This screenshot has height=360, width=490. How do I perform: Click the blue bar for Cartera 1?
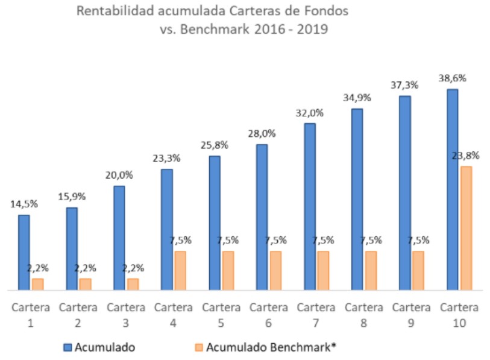pyautogui.click(x=24, y=253)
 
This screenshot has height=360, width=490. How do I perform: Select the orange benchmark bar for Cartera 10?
pyautogui.click(x=466, y=229)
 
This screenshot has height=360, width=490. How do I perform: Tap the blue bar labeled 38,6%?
pyautogui.click(x=452, y=190)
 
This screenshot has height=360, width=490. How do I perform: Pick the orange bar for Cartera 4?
pyautogui.click(x=180, y=271)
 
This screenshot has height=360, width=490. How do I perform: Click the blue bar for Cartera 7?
pyautogui.click(x=310, y=207)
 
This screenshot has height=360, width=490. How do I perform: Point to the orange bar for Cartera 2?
pyautogui.click(x=85, y=285)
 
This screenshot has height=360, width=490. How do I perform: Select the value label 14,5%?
pyautogui.click(x=24, y=204)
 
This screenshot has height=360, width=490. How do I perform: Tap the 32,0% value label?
pyautogui.click(x=310, y=112)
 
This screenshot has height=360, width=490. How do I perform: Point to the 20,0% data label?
pyautogui.click(x=119, y=175)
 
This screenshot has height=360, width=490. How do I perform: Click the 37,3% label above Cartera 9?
pyautogui.click(x=405, y=85)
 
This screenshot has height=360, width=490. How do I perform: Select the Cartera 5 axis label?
pyautogui.click(x=221, y=315)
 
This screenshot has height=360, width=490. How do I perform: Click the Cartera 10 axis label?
pyautogui.click(x=459, y=315)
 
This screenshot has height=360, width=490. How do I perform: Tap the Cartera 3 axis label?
pyautogui.click(x=125, y=315)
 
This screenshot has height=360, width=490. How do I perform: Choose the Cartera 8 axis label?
pyautogui.click(x=363, y=315)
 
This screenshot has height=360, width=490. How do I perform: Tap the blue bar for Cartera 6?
pyautogui.click(x=262, y=218)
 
